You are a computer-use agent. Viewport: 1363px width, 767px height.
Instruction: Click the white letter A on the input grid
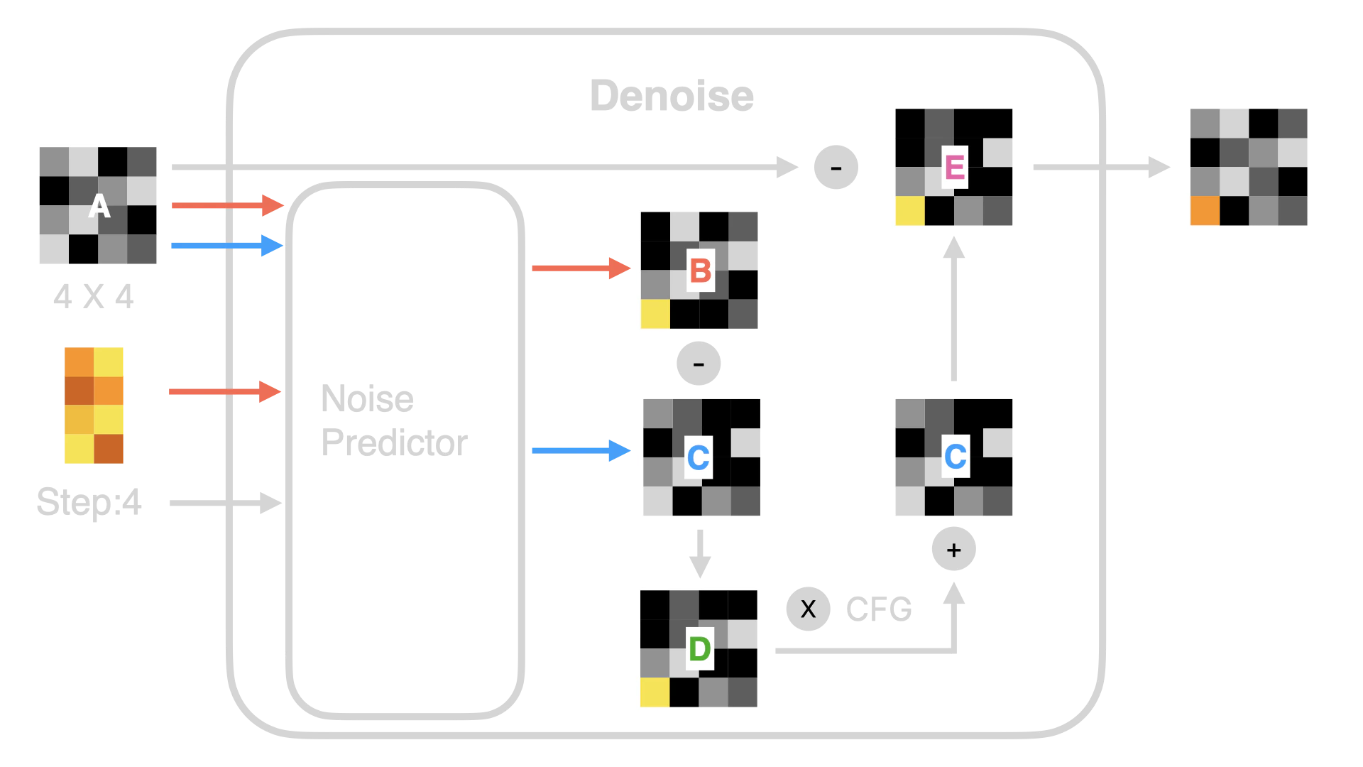99,207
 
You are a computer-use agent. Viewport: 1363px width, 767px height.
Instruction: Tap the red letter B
700,271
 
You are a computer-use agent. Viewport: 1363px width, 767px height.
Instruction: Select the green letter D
699,648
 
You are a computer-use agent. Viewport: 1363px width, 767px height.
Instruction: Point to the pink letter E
954,168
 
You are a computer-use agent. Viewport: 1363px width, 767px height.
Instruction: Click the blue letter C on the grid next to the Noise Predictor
699,457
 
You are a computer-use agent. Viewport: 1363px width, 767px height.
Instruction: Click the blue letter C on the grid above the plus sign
955,457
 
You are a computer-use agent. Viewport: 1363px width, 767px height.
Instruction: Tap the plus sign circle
953,550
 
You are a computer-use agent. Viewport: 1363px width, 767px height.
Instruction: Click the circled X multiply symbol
808,609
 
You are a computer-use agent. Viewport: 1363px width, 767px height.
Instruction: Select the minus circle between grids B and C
699,364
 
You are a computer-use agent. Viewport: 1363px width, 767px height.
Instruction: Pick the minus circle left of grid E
836,168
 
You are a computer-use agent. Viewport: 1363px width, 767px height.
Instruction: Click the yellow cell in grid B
655,313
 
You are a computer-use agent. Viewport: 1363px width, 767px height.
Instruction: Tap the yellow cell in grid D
655,692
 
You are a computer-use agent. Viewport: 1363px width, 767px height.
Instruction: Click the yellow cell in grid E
909,211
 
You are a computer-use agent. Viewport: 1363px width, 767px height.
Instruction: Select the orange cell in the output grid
1205,210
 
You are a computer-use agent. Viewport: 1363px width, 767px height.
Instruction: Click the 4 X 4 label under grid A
93,297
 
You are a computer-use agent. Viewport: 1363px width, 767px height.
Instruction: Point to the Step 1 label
89,502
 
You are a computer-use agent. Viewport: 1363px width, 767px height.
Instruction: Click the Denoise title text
672,96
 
